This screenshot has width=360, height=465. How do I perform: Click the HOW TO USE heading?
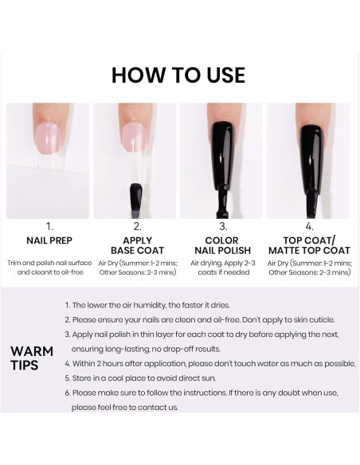(178, 75)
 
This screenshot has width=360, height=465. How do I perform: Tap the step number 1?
(49, 225)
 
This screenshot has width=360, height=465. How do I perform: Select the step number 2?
(135, 225)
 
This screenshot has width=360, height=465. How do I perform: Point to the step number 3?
(221, 225)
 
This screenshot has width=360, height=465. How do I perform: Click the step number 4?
(309, 225)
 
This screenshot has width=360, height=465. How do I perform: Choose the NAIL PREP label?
(49, 240)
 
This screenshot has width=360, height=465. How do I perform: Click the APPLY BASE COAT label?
(135, 245)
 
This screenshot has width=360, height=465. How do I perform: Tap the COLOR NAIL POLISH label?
(221, 245)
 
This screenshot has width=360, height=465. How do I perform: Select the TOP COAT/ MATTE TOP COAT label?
(309, 245)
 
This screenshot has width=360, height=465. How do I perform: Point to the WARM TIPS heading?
(32, 358)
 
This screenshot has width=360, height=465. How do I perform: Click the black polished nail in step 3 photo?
(221, 151)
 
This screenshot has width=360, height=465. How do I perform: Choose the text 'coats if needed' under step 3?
(221, 272)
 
